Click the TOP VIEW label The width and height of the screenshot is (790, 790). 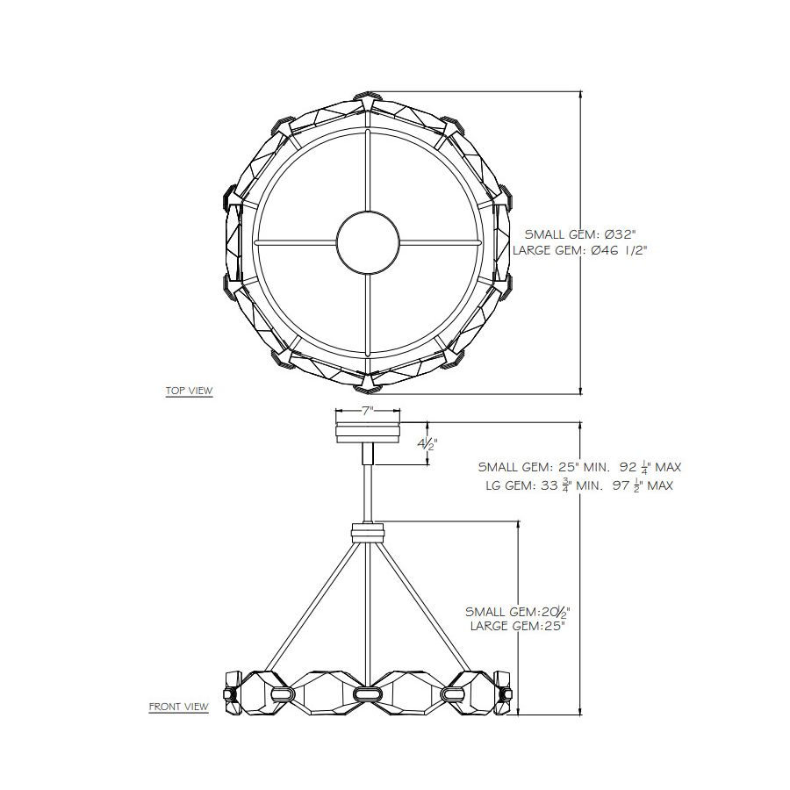point(189,391)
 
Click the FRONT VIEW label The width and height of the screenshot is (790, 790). point(178,707)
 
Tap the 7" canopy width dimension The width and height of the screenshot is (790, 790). point(368,411)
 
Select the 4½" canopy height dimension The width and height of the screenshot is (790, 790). point(427,444)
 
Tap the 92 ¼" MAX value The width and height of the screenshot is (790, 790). point(650,467)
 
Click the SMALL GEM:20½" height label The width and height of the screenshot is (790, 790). point(517,612)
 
